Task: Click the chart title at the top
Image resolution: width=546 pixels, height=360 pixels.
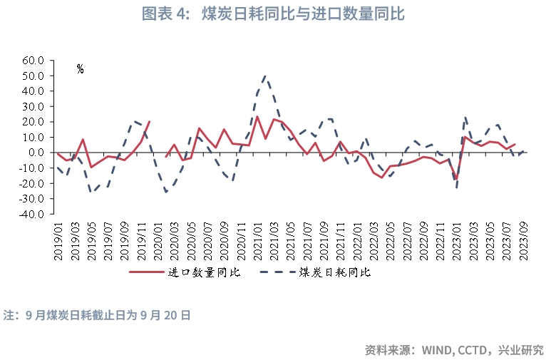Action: tap(272, 14)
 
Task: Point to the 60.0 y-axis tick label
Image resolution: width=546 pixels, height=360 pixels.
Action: tap(34, 61)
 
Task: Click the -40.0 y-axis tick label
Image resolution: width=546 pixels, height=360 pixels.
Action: tap(34, 214)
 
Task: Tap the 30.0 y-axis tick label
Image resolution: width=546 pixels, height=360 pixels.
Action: tap(34, 106)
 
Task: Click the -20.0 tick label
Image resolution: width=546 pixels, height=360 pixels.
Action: tap(34, 183)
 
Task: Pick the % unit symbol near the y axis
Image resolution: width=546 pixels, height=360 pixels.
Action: tap(80, 69)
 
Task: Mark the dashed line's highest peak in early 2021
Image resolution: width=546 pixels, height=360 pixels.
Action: tap(264, 75)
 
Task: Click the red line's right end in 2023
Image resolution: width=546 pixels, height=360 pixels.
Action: tap(515, 144)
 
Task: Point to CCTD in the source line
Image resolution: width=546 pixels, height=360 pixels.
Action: tap(473, 350)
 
